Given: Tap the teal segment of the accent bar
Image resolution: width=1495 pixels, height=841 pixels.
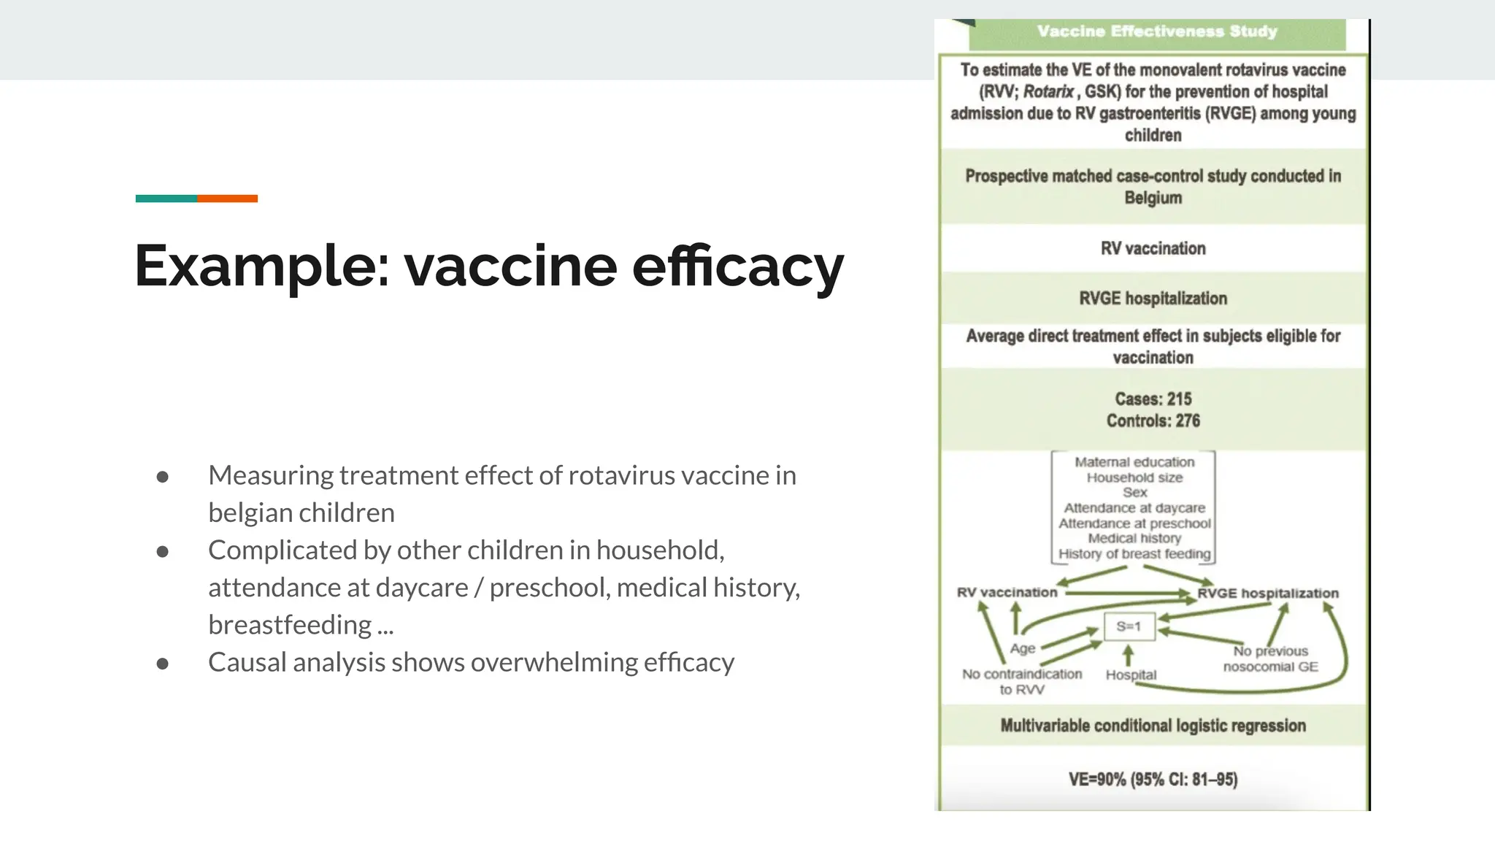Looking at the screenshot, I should tap(166, 199).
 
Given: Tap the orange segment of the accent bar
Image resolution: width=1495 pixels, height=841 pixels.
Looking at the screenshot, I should tap(227, 199).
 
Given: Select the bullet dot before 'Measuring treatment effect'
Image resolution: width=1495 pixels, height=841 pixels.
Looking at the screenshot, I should tap(163, 477).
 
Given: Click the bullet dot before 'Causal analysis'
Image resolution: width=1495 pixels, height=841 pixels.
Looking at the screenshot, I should tap(163, 664).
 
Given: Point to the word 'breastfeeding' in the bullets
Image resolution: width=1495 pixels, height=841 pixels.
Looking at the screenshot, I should tap(290, 626).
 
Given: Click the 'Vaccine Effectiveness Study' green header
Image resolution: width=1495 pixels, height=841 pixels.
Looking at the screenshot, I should tap(1156, 31).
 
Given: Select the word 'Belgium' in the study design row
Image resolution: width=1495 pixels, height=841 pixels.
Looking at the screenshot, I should tap(1153, 198).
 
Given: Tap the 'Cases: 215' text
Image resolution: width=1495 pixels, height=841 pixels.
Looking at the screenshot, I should tap(1153, 399).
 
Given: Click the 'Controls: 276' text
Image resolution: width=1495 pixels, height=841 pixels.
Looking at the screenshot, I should tap(1153, 420).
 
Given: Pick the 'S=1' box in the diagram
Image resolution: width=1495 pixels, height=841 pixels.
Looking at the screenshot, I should tap(1129, 626).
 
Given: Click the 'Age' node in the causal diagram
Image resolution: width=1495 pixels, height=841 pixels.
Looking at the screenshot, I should tap(1022, 648).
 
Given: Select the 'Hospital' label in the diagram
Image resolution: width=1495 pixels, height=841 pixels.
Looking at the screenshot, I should tap(1131, 675).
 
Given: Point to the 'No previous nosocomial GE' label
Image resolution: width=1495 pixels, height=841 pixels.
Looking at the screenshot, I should tap(1270, 658).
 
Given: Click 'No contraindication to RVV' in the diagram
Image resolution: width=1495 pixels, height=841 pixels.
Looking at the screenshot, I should tap(1021, 681).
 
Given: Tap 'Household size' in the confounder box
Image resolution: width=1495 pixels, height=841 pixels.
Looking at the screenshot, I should tap(1134, 477).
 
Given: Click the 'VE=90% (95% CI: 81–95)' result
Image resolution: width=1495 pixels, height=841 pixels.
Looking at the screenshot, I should tap(1153, 779).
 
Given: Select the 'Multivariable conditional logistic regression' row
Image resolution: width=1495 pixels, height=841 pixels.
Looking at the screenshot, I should tap(1153, 726).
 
